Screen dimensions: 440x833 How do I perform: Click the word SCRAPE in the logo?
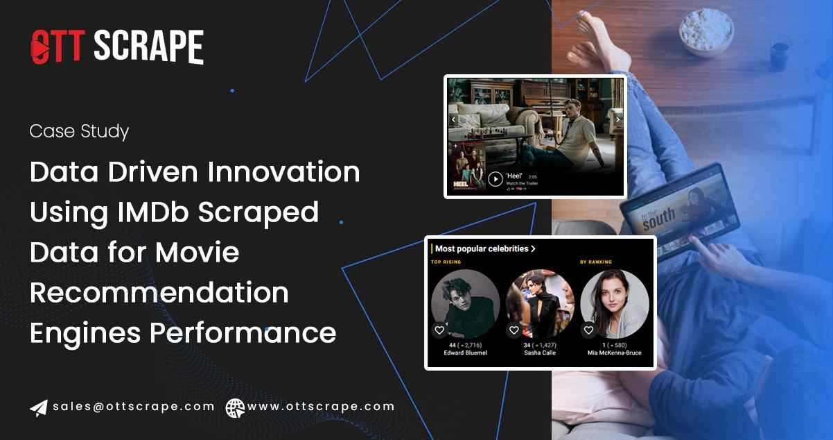pos(148,47)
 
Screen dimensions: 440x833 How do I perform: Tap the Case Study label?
pos(79,131)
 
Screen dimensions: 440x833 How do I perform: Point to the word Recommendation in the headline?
pos(159,293)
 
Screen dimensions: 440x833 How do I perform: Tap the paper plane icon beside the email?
pos(39,407)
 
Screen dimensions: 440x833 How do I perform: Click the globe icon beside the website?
pos(235,407)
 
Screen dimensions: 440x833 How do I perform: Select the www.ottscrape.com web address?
pos(321,407)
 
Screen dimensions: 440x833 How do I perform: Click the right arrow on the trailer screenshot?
pos(617,120)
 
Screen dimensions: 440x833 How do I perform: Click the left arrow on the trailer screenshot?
pos(453,120)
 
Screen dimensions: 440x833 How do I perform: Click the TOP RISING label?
pos(446,262)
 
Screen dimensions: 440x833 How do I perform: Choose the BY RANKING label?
pos(595,262)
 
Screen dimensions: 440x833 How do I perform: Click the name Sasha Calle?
pos(540,353)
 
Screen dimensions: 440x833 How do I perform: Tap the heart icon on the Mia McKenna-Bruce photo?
pos(588,330)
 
